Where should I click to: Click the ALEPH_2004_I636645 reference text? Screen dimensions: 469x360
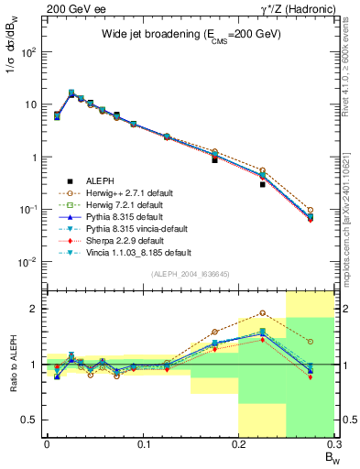(191, 274)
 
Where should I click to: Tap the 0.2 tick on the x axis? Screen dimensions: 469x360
(239, 446)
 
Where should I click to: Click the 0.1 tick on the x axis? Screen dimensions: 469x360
(143, 446)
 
